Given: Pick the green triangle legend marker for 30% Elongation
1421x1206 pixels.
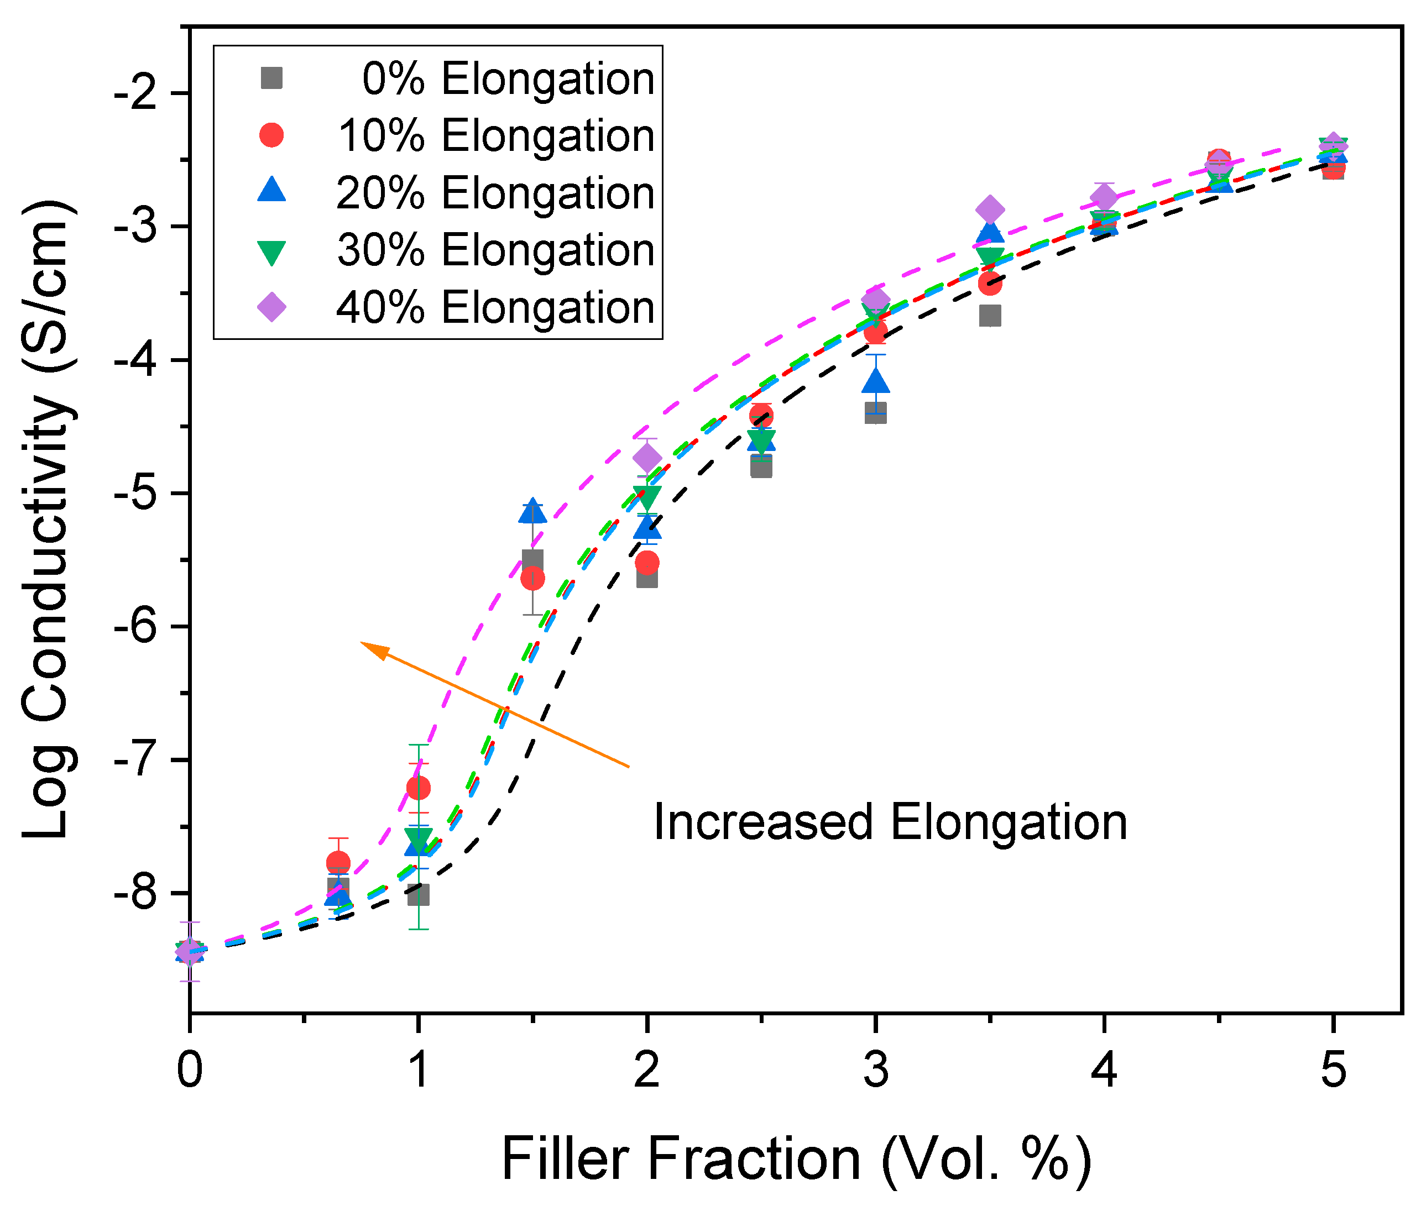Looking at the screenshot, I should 271,251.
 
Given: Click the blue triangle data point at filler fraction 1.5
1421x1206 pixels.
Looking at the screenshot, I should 532,511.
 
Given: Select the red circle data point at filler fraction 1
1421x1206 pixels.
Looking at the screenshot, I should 419,788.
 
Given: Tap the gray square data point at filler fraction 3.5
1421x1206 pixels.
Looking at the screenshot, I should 990,316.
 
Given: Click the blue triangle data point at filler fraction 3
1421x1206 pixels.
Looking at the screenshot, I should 876,380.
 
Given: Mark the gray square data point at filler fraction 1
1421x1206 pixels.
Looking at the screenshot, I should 418,894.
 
